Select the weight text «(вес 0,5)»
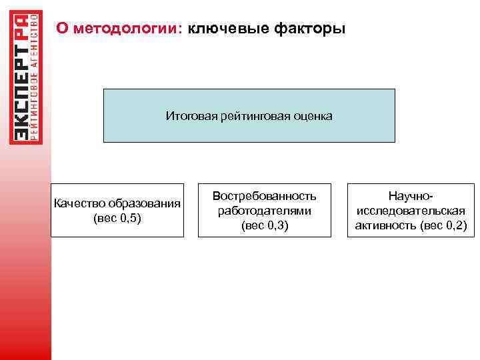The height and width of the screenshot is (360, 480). click(117, 217)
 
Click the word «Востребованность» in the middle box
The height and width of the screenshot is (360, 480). click(264, 196)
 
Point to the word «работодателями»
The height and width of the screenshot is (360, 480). click(264, 211)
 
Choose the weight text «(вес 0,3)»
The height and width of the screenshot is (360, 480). click(264, 225)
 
